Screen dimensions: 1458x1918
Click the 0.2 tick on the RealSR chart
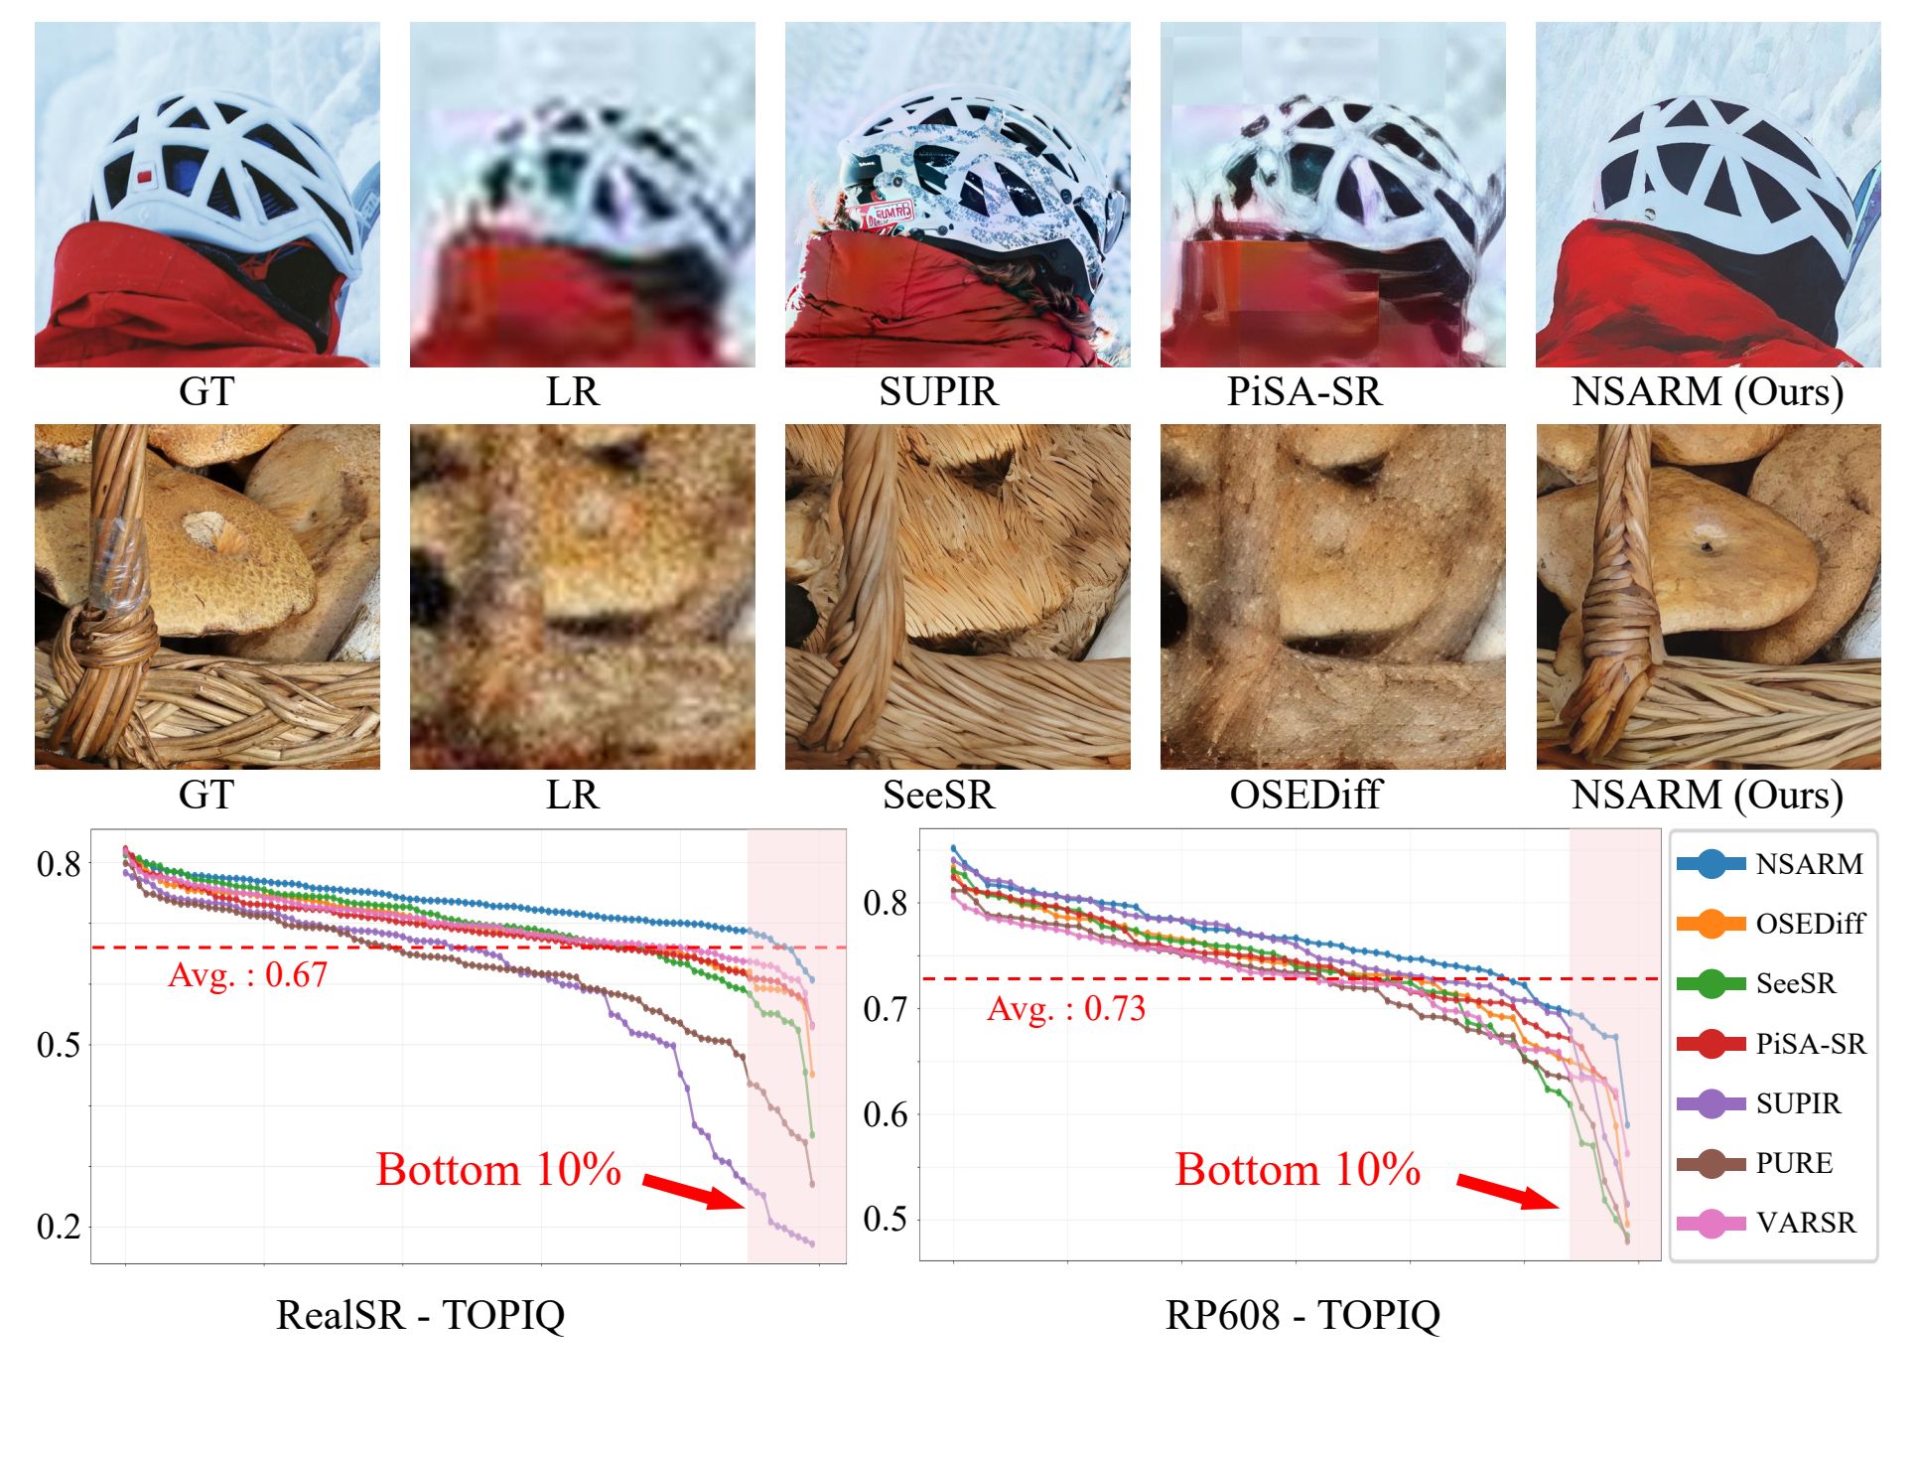tap(59, 1227)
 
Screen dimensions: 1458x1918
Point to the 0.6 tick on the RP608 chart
tap(886, 1114)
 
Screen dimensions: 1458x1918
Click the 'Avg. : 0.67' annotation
tap(247, 975)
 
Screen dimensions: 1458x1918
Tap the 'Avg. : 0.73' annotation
tap(1066, 1009)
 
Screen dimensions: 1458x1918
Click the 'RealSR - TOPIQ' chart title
tap(420, 1315)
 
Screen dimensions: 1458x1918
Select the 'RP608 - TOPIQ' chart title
tap(1302, 1315)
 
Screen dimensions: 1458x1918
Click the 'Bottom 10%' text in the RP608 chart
tap(1298, 1170)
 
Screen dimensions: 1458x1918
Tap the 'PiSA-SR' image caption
tap(1304, 392)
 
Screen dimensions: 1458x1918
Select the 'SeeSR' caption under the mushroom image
tap(938, 795)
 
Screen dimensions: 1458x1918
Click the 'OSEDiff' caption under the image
tap(1304, 795)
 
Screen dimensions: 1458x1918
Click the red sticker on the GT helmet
tap(145, 177)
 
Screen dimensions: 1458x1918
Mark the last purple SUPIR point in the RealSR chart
tap(812, 1243)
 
